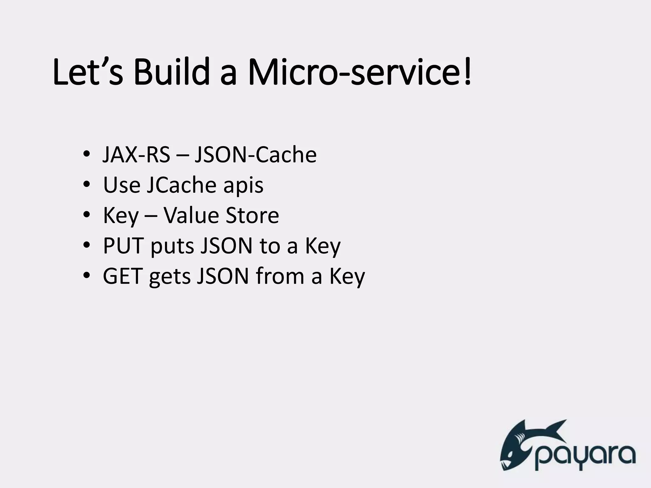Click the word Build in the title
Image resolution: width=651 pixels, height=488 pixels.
point(171,72)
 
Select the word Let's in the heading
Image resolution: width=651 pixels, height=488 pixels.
point(87,72)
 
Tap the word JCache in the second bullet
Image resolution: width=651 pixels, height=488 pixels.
point(181,185)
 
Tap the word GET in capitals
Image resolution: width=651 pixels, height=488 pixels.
point(122,276)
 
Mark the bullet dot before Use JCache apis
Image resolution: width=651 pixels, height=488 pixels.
point(86,185)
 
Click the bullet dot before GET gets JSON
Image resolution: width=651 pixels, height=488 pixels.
point(86,276)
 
